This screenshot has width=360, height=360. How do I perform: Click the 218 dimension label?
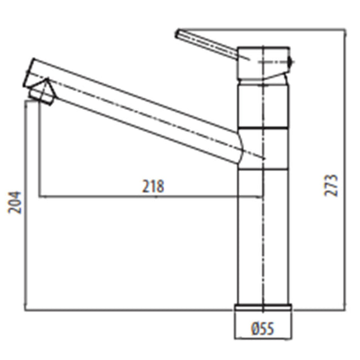coord(153,186)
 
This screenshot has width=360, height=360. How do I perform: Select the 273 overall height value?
coord(334,185)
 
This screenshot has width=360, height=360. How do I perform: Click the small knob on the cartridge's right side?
coord(291,61)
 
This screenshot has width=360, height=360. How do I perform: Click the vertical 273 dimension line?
coord(345,169)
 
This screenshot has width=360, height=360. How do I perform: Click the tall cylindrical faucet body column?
coord(263,236)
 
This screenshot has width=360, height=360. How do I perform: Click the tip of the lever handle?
coord(179,33)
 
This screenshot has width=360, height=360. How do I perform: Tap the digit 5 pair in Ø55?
coord(267,328)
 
